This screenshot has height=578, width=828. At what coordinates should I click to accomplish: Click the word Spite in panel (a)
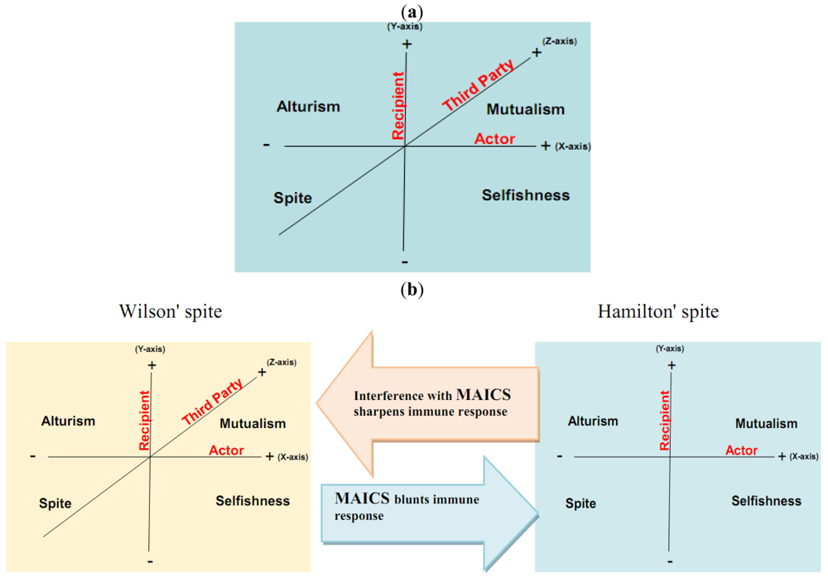(293, 198)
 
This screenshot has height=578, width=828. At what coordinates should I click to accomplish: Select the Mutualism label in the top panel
(525, 109)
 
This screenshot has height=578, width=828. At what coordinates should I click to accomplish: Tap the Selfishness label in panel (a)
(526, 195)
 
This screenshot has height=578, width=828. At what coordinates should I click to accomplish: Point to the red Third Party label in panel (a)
(479, 85)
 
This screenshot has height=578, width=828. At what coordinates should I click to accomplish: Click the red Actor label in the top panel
(495, 138)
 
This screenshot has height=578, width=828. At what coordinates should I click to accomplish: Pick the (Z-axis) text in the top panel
(560, 41)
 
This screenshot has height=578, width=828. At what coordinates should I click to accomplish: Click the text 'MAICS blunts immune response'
(406, 507)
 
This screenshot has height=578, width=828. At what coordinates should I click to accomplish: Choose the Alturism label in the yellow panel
(69, 421)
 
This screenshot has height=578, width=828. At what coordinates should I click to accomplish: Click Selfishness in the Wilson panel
(253, 500)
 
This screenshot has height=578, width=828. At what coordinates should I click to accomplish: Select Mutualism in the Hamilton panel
(766, 423)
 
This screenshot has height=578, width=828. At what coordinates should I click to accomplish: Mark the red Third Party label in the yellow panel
(212, 402)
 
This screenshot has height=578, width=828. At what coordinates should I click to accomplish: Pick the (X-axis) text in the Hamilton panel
(802, 456)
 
